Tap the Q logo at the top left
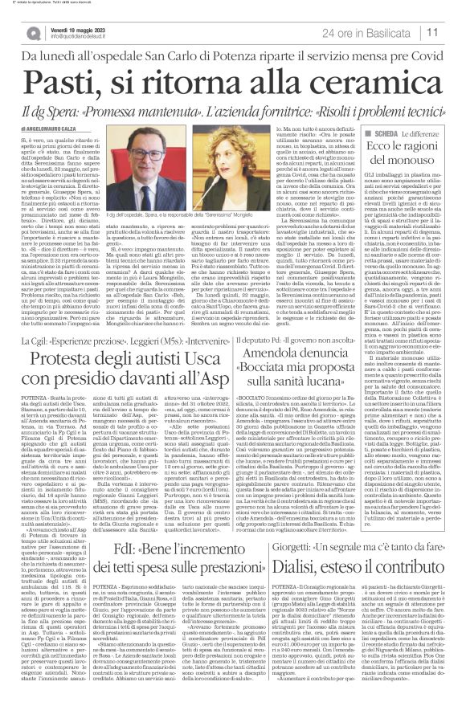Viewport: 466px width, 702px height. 34,33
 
